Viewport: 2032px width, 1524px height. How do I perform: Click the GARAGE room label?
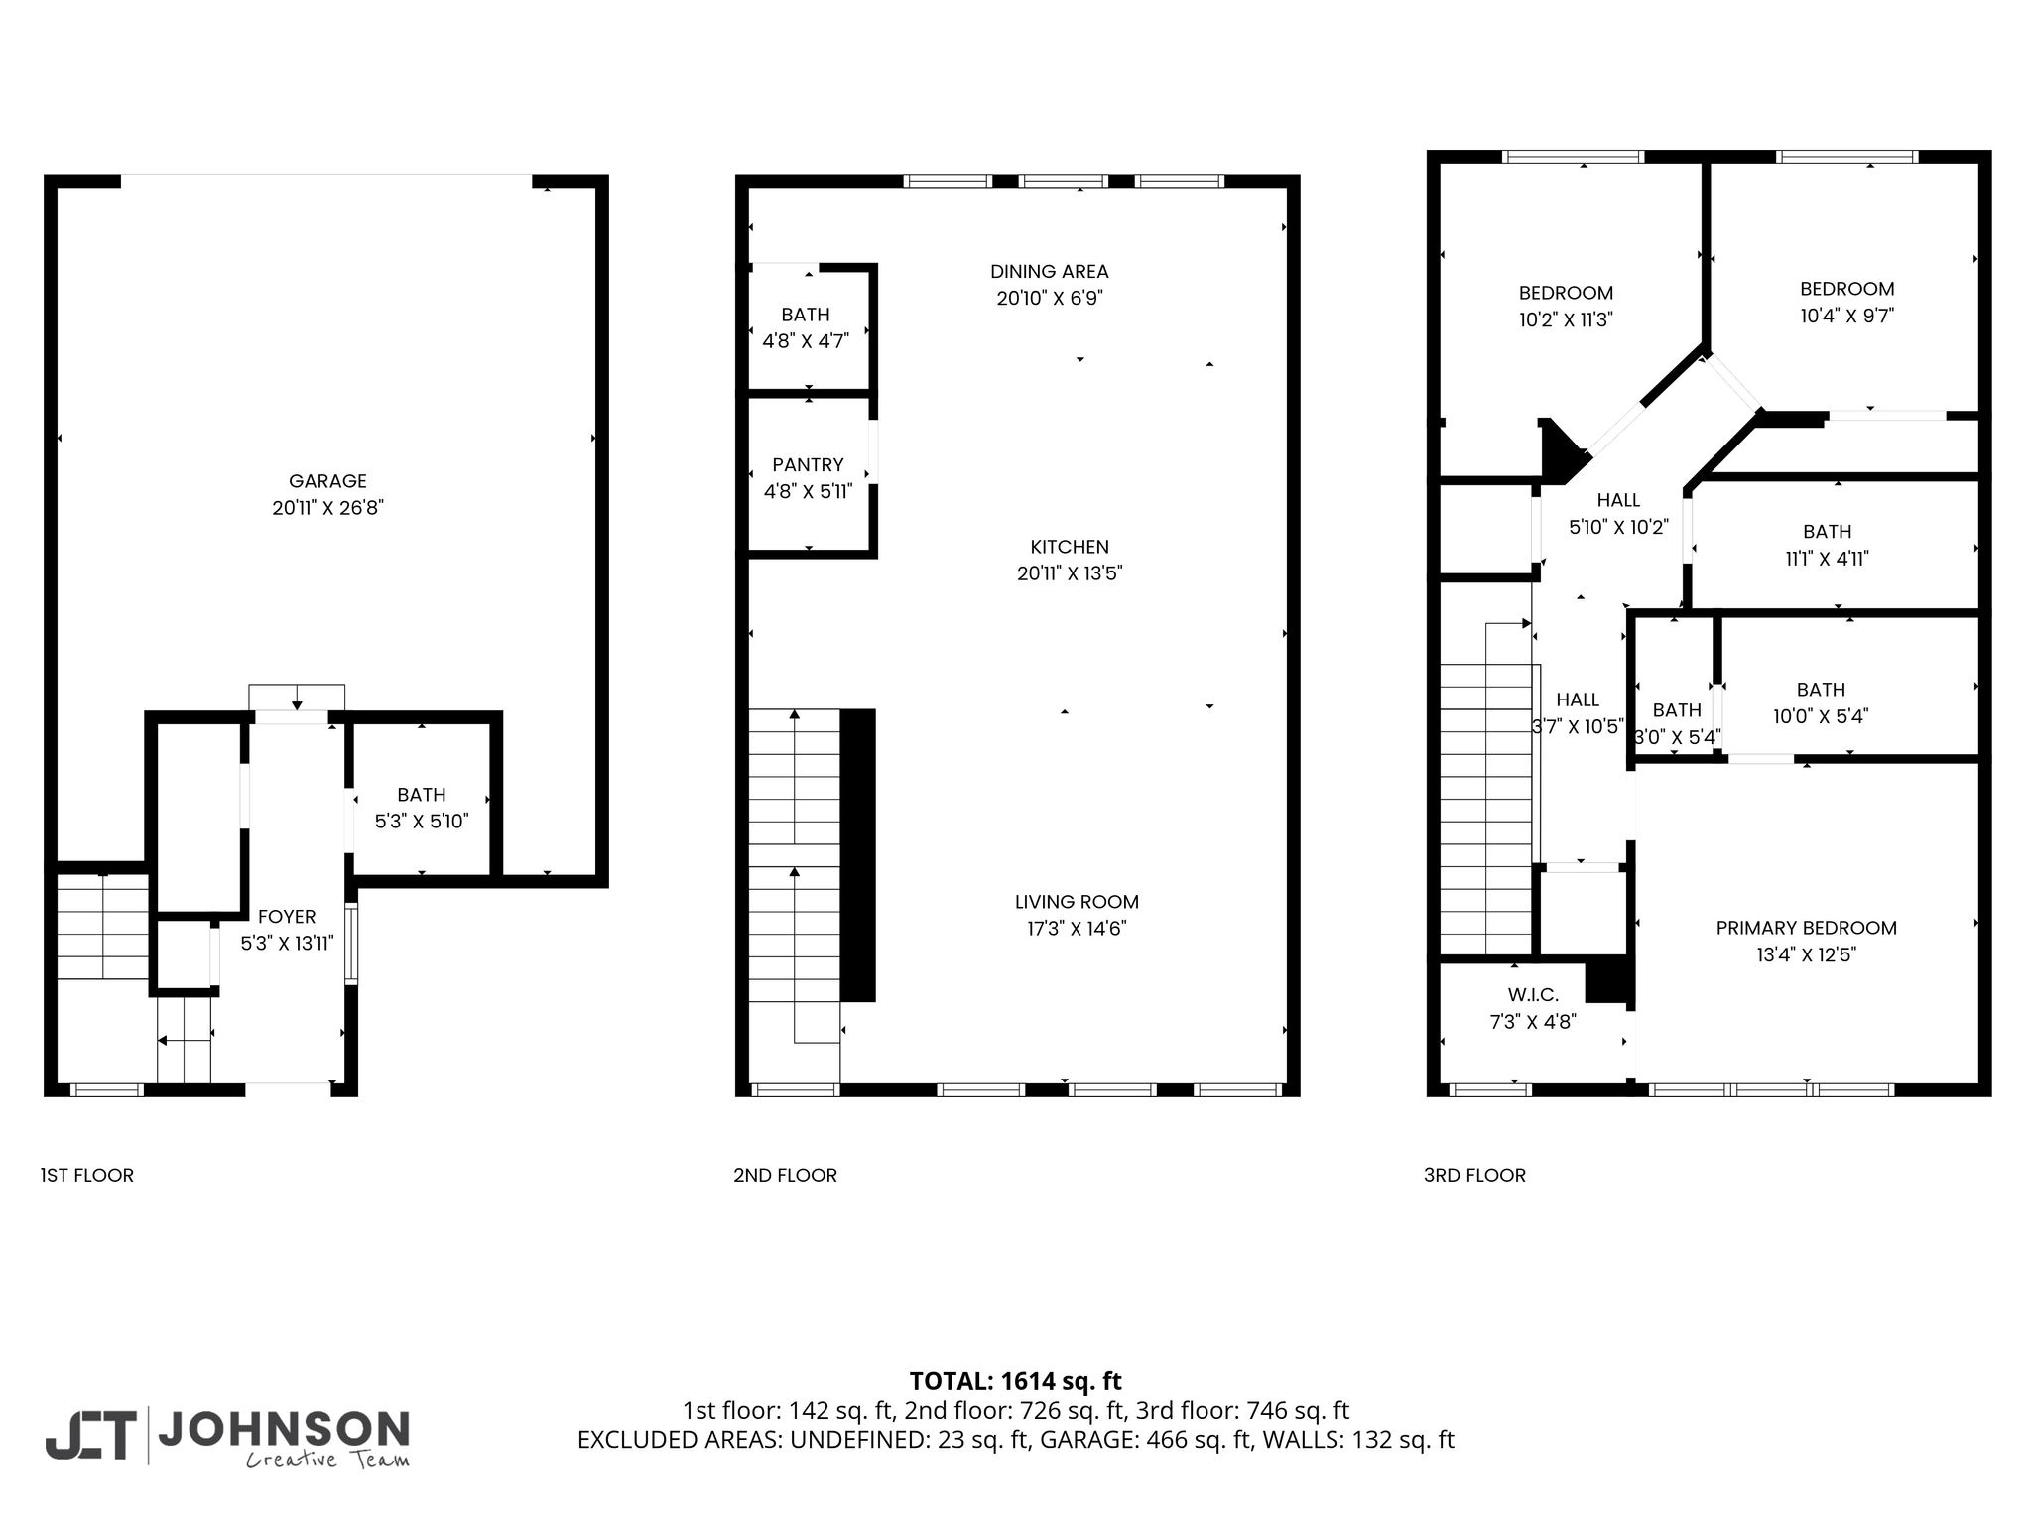pyautogui.click(x=327, y=481)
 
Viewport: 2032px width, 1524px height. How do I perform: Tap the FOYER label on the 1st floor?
pyautogui.click(x=287, y=917)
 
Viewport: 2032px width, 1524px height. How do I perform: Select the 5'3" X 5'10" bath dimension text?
pyautogui.click(x=422, y=822)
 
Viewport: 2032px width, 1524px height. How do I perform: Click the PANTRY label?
pyautogui.click(x=808, y=464)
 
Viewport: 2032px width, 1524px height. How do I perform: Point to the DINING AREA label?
pyautogui.click(x=1050, y=271)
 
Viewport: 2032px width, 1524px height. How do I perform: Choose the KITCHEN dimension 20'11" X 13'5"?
pyautogui.click(x=1070, y=573)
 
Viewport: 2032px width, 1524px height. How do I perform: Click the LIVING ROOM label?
pyautogui.click(x=1077, y=902)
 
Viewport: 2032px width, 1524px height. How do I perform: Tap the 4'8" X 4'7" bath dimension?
pyautogui.click(x=806, y=341)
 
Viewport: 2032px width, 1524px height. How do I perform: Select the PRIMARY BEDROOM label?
pyautogui.click(x=1806, y=928)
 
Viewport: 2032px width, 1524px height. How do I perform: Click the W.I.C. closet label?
pyautogui.click(x=1533, y=994)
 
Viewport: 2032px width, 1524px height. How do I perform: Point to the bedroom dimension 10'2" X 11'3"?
pyautogui.click(x=1566, y=319)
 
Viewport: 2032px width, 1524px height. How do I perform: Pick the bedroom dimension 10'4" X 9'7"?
pyautogui.click(x=1847, y=316)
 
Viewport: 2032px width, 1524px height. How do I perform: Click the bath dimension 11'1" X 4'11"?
pyautogui.click(x=1827, y=559)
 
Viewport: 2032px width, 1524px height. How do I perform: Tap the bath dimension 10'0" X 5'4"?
pyautogui.click(x=1821, y=716)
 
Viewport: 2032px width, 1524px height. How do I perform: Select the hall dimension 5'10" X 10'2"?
pyautogui.click(x=1618, y=527)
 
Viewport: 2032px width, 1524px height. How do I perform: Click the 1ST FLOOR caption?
pyautogui.click(x=86, y=1175)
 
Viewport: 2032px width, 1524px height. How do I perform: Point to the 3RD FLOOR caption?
pyautogui.click(x=1474, y=1175)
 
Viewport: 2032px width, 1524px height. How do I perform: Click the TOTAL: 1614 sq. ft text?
pyautogui.click(x=1015, y=1381)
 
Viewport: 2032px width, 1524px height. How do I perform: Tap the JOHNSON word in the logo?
pyautogui.click(x=284, y=1429)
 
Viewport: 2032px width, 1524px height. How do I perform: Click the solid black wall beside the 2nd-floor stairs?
pyautogui.click(x=858, y=854)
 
